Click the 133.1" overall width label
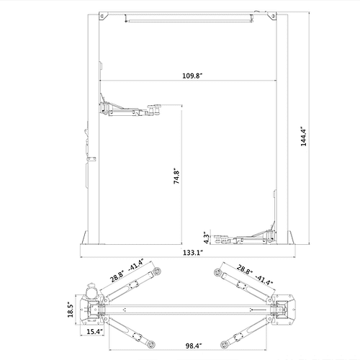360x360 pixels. tap(192, 253)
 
